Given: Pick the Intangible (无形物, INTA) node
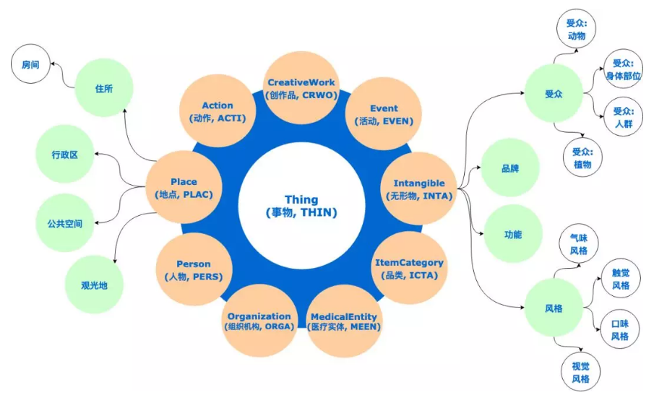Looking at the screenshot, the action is tap(418, 189).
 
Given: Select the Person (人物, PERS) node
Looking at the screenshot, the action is tap(194, 270).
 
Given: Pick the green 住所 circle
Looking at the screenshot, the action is tap(104, 88).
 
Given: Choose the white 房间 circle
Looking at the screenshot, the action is tap(30, 65).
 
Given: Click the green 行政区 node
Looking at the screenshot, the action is tap(64, 155).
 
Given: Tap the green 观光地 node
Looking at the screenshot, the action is tap(94, 285).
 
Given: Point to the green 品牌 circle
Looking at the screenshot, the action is tap(510, 168).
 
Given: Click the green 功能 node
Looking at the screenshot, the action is tap(512, 234).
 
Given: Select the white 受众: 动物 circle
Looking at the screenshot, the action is tap(577, 28).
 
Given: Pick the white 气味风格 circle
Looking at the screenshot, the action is tap(579, 243).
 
